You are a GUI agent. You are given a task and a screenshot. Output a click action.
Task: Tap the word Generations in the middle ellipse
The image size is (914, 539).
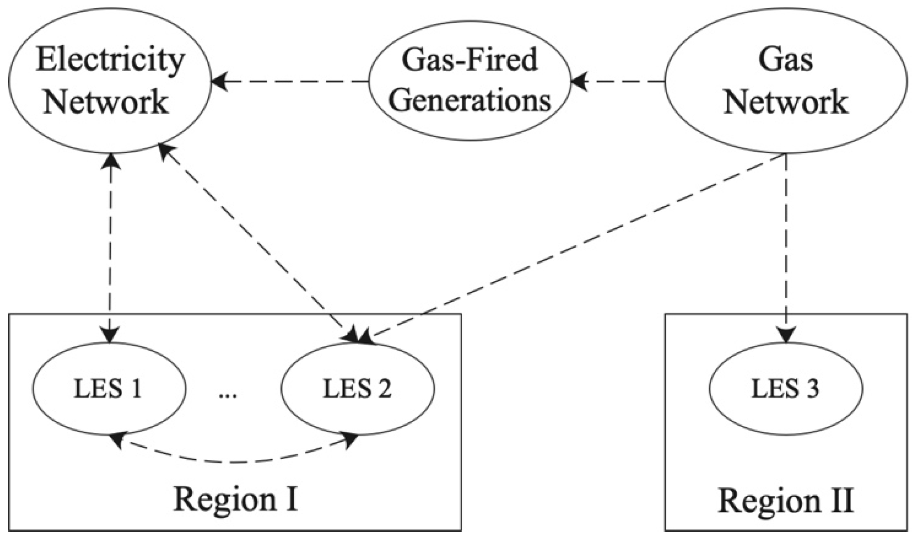[x=469, y=101]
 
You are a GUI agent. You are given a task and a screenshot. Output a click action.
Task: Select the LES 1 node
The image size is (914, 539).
[x=109, y=389]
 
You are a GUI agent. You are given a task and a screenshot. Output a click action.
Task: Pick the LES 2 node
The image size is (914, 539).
[x=357, y=389]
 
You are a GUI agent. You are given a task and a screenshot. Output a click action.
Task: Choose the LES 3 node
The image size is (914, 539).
[x=785, y=389]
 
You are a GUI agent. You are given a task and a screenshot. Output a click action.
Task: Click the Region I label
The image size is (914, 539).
[x=235, y=499]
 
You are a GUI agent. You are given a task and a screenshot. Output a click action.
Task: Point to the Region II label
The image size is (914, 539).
[x=785, y=500]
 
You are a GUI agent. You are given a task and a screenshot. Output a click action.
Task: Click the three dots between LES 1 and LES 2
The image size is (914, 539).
[x=227, y=394]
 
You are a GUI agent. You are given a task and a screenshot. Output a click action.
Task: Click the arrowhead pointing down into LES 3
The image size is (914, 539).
[x=786, y=335]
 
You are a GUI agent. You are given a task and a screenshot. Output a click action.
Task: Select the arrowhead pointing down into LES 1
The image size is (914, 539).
[x=110, y=335]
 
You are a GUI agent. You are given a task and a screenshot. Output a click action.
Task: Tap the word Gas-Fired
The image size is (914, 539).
[x=469, y=60]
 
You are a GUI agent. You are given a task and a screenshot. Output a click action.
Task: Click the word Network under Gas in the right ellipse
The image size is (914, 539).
[x=785, y=102]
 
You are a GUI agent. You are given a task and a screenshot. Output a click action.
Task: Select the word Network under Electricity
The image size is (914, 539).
[x=105, y=102]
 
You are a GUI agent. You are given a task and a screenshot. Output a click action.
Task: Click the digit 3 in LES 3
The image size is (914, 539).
[x=811, y=389]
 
